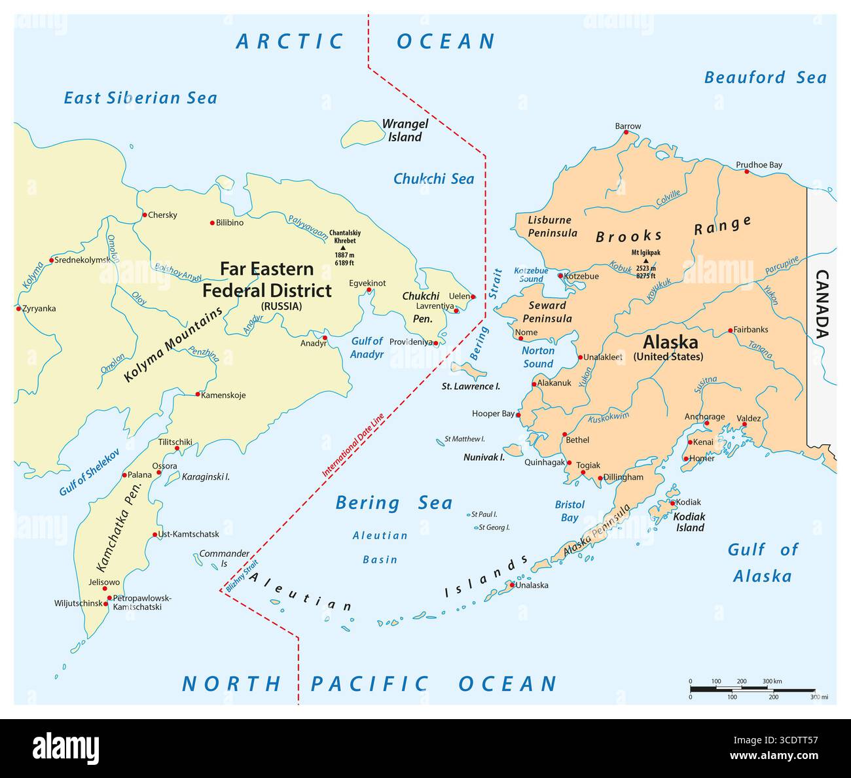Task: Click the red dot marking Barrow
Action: click(x=626, y=133)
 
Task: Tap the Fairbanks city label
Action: click(x=751, y=330)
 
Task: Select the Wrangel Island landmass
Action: click(x=362, y=133)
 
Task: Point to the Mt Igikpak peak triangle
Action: click(x=646, y=260)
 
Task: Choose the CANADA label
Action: click(x=822, y=304)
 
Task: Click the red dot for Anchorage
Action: click(x=707, y=423)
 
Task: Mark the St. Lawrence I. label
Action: click(x=471, y=387)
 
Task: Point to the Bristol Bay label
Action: click(x=570, y=511)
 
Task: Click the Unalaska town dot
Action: click(x=512, y=585)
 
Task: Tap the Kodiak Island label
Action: click(x=689, y=522)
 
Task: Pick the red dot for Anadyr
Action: click(x=324, y=338)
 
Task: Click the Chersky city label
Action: click(x=162, y=215)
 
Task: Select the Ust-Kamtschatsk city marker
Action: click(x=155, y=535)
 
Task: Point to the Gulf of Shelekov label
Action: click(x=90, y=472)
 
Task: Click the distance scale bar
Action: click(x=752, y=690)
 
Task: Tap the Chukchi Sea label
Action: click(x=433, y=179)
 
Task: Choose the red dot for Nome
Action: click(x=521, y=338)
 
